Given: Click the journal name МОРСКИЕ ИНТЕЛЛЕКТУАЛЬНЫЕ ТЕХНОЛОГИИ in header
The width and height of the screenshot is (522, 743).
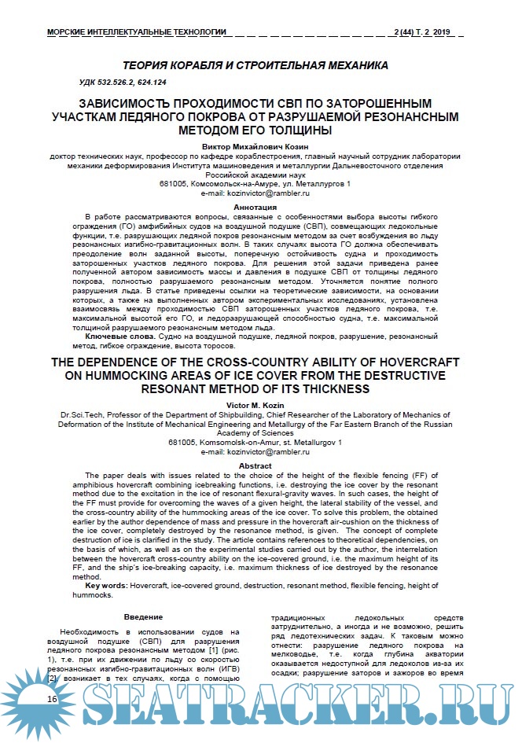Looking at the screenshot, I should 137,31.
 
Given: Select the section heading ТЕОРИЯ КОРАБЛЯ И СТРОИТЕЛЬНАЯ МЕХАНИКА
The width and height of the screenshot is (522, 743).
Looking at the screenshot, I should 255,66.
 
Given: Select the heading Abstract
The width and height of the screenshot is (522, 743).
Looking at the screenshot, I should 255,466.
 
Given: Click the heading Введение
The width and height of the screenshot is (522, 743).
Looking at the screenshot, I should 144,618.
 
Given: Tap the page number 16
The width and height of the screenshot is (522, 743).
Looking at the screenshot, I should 52,699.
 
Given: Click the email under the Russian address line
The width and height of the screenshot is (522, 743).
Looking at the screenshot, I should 255,193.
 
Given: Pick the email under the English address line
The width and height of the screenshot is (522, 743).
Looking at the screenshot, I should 255,453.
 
